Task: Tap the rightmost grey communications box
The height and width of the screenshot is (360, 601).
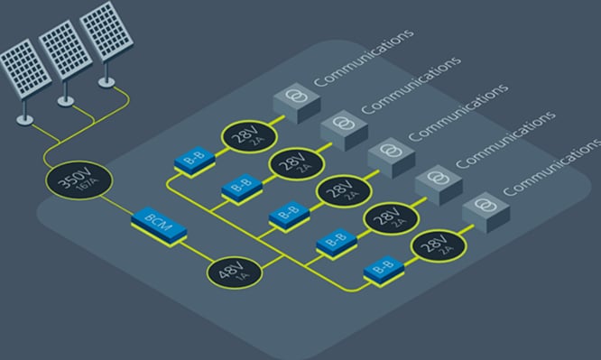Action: [483, 204]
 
